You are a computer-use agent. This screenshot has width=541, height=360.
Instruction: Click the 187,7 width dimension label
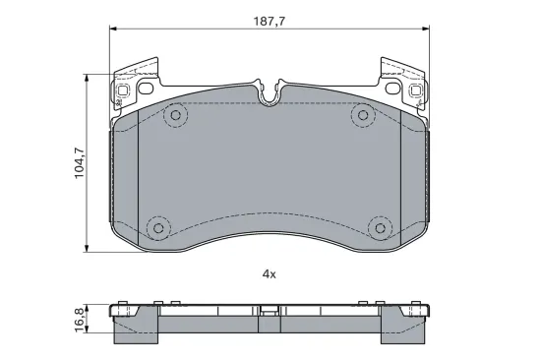coord(270,22)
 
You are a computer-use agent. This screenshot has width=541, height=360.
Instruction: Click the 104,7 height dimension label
coord(80,162)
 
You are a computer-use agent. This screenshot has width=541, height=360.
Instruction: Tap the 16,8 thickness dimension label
coord(80,320)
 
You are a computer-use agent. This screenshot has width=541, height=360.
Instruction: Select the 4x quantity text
coord(270,274)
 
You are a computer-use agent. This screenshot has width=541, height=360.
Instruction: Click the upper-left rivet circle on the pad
coord(176,115)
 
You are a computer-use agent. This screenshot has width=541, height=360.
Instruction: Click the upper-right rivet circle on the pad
coord(363,115)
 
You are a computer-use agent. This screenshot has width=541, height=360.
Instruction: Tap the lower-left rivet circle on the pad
coord(158,228)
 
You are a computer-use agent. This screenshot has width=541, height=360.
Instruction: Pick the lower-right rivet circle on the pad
coord(380,228)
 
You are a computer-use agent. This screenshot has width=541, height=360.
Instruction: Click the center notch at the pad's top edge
coord(270,92)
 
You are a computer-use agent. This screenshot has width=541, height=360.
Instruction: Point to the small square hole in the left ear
coord(123,90)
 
